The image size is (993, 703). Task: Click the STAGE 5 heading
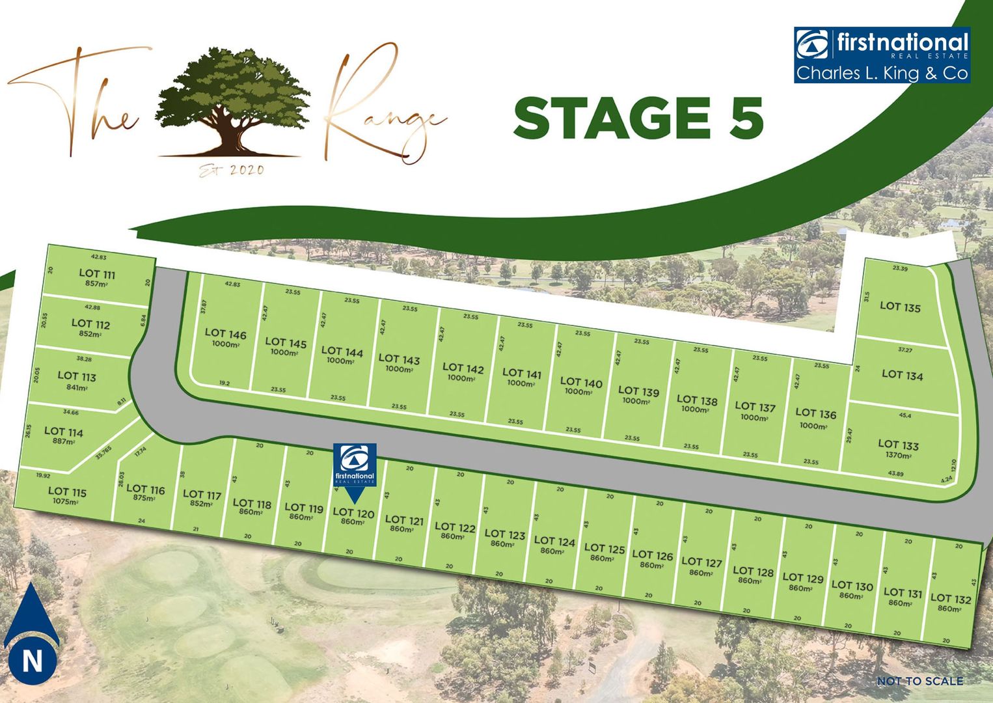[638, 118]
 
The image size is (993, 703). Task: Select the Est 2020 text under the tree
[232, 171]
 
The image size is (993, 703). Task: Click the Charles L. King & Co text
[882, 73]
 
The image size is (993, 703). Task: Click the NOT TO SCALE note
[919, 681]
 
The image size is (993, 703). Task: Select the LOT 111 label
[97, 274]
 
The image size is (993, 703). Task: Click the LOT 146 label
[226, 334]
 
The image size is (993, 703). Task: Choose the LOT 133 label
[898, 445]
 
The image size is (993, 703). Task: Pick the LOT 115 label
[67, 492]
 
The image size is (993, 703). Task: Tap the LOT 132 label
[950, 598]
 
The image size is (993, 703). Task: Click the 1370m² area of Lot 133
[898, 456]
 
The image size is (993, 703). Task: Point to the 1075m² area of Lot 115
[66, 502]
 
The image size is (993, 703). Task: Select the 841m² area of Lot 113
[75, 387]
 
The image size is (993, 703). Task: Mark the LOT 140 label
[581, 382]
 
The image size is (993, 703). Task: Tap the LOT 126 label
[652, 555]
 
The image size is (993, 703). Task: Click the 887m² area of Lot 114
[63, 441]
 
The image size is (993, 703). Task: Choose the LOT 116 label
[146, 489]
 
